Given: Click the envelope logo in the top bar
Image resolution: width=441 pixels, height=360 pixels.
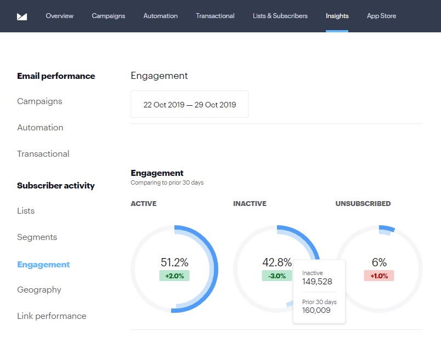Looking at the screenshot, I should click(x=22, y=16).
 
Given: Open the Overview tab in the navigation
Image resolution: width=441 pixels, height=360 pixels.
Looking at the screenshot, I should click(x=60, y=16).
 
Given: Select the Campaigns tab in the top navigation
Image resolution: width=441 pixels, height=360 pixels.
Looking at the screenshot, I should click(x=109, y=16).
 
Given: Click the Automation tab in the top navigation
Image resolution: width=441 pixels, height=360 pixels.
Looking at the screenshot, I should click(x=160, y=16).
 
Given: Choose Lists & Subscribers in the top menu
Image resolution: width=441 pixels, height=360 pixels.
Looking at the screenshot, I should click(x=280, y=16).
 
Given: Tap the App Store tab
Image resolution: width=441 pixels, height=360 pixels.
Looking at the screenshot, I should click(x=381, y=16).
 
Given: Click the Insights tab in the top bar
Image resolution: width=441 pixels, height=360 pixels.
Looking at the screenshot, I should click(x=337, y=16).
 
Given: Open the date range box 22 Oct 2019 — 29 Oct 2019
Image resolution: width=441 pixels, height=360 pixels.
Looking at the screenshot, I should click(x=189, y=104).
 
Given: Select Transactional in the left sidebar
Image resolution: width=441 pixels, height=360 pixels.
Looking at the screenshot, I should click(x=43, y=154).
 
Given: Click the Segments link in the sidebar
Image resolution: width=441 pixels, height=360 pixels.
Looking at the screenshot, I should click(x=37, y=237).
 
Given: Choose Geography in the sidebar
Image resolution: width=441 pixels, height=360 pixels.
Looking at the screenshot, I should click(x=39, y=290).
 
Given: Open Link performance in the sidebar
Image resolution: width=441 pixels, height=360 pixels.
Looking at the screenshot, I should click(x=52, y=316).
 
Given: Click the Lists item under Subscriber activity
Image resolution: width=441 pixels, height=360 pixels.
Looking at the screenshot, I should click(x=26, y=211).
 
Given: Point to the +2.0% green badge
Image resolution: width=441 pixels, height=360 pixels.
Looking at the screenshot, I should click(x=174, y=276).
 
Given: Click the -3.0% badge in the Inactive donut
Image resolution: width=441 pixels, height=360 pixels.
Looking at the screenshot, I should click(x=277, y=276).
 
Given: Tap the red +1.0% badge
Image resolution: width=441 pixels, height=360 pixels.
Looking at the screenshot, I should click(x=379, y=276).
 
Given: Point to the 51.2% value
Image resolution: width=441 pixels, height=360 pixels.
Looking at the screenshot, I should click(x=174, y=262).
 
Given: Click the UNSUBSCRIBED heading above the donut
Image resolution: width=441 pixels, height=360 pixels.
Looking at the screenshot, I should click(x=363, y=204).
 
